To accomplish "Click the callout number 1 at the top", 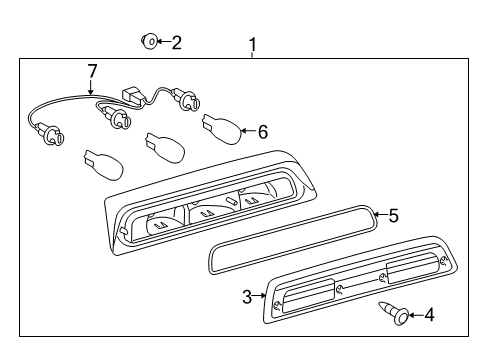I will (252, 44).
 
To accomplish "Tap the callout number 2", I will (177, 42).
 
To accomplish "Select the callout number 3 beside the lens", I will (247, 296).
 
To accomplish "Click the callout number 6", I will (263, 131).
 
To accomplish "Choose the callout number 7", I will (92, 70).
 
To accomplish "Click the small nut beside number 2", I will (149, 41).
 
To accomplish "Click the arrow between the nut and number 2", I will (163, 42).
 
